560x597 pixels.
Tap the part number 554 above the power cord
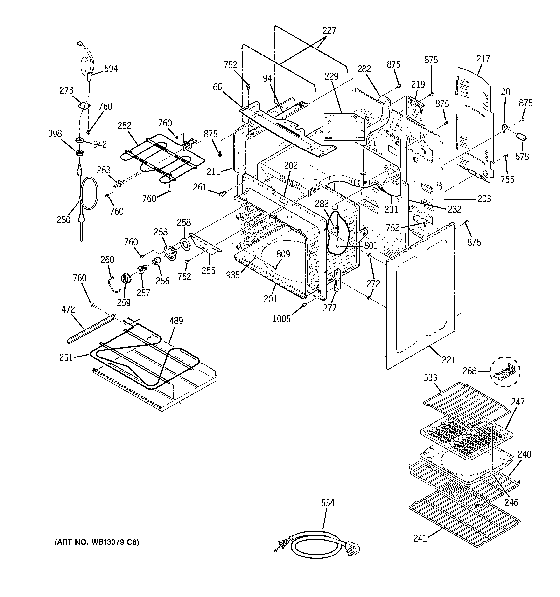pyautogui.click(x=328, y=503)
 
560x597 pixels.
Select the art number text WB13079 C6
pyautogui.click(x=97, y=542)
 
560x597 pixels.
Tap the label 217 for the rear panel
pyautogui.click(x=483, y=59)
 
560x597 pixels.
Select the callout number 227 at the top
pyautogui.click(x=329, y=31)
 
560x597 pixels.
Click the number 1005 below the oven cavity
pyautogui.click(x=281, y=319)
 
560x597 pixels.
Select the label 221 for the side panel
pyautogui.click(x=448, y=359)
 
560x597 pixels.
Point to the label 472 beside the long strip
pyautogui.click(x=68, y=309)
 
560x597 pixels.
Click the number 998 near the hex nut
pyautogui.click(x=55, y=134)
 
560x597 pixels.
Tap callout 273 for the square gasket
pyautogui.click(x=66, y=90)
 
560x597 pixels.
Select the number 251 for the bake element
pyautogui.click(x=66, y=357)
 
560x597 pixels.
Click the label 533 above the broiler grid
pyautogui.click(x=430, y=377)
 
